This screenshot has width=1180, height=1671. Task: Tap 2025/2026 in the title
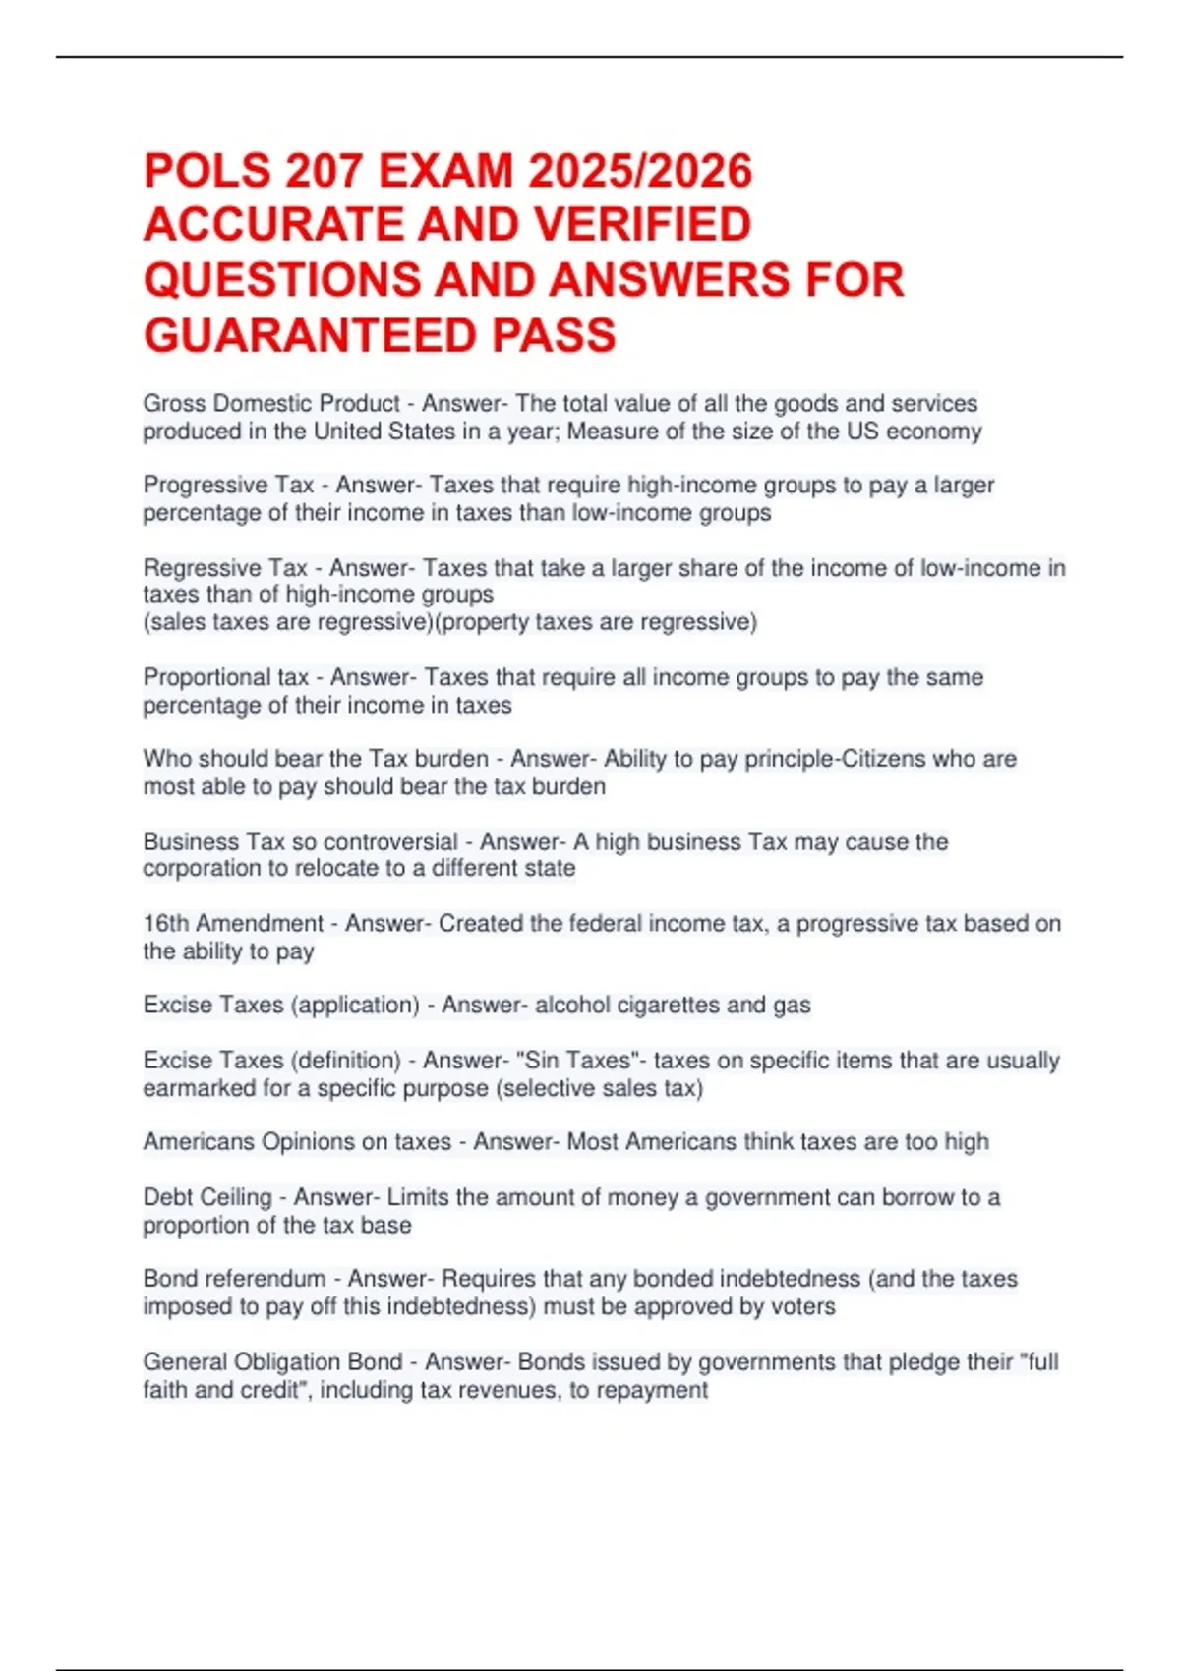coord(640,171)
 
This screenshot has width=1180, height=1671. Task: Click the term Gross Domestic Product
coord(271,404)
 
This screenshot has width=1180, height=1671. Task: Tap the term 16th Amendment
coord(233,924)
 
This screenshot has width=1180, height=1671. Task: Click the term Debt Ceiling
coord(207,1197)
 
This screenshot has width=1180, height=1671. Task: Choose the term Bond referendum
coord(234,1279)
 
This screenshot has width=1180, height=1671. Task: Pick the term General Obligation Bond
coord(272,1362)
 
